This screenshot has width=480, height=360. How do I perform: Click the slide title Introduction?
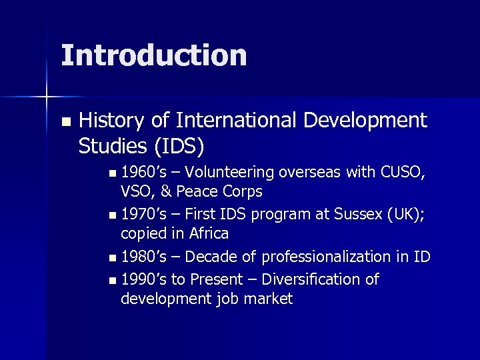point(153,56)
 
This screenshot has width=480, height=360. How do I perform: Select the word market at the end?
point(270,299)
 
